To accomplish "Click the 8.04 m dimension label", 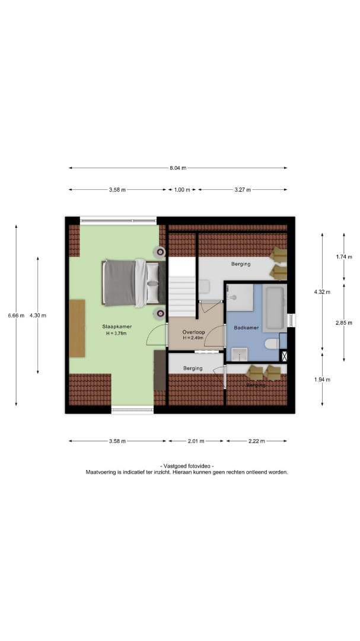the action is tap(178, 167).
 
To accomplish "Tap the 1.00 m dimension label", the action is tap(182, 190).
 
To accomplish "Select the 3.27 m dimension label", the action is tap(243, 190).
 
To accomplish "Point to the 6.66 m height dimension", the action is tap(17, 315).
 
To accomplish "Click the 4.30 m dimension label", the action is tap(38, 315).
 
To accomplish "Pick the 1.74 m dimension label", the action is tap(343, 257).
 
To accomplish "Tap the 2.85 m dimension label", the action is tap(343, 322).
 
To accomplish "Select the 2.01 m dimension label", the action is tap(196, 441).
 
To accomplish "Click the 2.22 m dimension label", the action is tap(257, 441).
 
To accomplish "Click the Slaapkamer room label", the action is tap(117, 326).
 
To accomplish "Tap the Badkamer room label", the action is tap(246, 328).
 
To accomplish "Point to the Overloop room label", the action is tap(194, 332).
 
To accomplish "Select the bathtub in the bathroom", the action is tap(274, 309).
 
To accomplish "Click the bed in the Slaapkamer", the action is tap(133, 283).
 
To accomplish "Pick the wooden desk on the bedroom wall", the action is tap(77, 328).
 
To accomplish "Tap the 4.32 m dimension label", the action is tap(322, 291).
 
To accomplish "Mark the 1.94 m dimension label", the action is tap(322, 379).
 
